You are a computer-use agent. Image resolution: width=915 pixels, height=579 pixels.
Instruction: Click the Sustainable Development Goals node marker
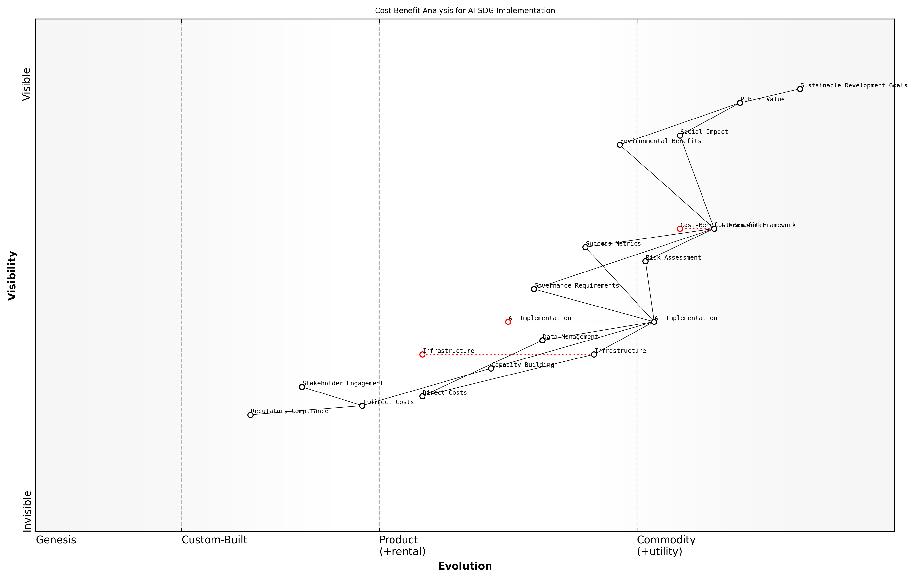pos(800,89)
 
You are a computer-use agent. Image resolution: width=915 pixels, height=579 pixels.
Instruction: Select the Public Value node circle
pos(740,103)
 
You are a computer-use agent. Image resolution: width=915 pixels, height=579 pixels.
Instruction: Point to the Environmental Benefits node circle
pos(620,145)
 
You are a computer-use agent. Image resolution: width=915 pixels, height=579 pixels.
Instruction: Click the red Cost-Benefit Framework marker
pos(680,229)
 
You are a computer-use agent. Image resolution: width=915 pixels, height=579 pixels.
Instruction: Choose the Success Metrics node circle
pos(585,247)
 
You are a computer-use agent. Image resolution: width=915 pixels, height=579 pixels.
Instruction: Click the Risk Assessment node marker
pos(645,261)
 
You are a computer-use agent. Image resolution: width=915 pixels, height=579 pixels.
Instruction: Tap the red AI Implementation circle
pos(508,322)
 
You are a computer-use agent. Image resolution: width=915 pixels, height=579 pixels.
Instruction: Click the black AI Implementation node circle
pos(654,322)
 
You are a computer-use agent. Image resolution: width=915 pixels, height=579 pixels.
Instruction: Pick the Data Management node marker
pos(543,340)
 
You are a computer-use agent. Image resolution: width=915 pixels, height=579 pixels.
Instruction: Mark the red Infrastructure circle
pos(422,354)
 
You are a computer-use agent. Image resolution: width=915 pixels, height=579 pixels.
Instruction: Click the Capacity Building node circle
pos(491,368)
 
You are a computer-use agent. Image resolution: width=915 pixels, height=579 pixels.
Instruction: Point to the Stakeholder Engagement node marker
pos(302,387)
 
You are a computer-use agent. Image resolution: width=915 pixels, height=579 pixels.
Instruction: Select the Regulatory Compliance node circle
pos(250,415)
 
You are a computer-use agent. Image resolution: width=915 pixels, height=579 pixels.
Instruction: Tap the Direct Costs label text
pos(445,393)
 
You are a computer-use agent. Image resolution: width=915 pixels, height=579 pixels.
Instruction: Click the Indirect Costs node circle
pos(362,406)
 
